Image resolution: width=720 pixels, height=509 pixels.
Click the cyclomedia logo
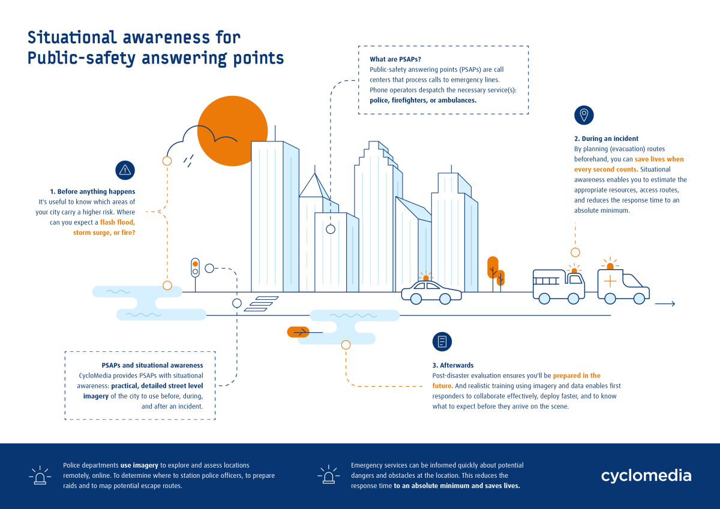[646, 476]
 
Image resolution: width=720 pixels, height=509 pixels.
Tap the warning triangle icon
[125, 170]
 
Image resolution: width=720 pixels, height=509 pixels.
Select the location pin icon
[584, 115]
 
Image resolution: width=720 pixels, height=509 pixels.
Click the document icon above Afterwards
[442, 341]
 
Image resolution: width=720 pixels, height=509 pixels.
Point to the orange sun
[232, 131]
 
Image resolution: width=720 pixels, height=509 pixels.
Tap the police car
[431, 290]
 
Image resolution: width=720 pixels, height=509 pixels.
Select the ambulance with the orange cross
[623, 285]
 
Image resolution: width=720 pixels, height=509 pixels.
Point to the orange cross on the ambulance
[610, 282]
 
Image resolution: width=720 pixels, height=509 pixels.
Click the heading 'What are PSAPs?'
[395, 59]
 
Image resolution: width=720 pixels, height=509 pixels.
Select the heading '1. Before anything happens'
[92, 191]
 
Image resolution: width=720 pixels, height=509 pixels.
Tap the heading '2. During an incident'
[606, 138]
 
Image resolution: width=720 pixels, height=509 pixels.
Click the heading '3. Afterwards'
[453, 365]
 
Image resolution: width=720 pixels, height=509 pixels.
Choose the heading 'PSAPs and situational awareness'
[152, 365]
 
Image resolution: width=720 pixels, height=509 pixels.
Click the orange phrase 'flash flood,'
[118, 222]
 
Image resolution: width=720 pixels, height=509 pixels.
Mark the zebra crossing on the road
[261, 304]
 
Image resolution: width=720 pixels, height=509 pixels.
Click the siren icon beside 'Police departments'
[40, 475]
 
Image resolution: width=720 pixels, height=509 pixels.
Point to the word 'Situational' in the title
[71, 37]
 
